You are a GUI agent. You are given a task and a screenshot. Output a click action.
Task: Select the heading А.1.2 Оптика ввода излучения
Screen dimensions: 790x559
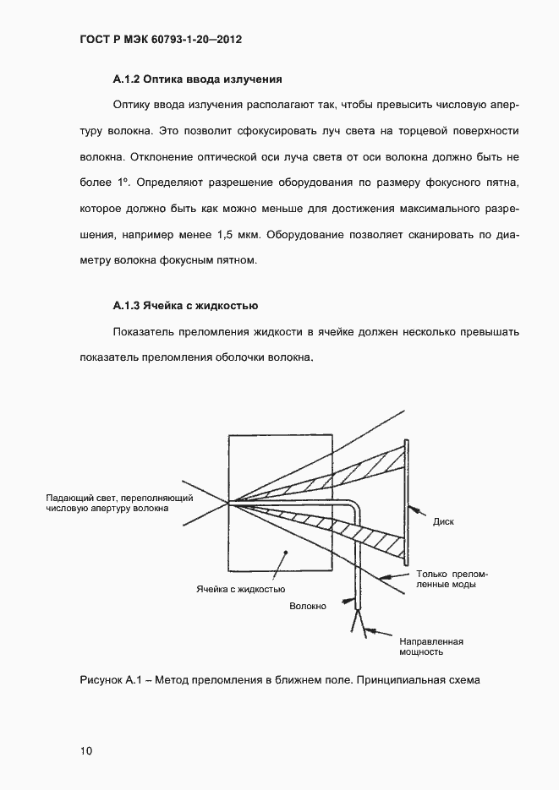[196, 80]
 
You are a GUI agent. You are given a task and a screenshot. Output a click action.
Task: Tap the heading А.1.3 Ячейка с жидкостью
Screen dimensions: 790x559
[185, 305]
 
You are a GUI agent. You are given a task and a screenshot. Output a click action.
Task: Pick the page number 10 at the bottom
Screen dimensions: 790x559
[87, 750]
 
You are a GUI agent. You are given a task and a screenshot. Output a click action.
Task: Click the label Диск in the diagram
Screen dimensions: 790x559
[443, 521]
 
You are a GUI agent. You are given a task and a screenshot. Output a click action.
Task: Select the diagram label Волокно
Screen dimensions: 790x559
[308, 606]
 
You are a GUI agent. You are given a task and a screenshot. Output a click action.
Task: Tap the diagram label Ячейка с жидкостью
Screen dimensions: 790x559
[241, 588]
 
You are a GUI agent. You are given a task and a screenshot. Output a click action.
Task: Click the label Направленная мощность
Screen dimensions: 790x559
[430, 646]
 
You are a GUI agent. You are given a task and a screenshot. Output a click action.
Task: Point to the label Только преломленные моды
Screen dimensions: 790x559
[452, 579]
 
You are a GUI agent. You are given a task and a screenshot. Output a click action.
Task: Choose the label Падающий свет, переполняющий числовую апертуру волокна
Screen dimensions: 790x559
[107, 504]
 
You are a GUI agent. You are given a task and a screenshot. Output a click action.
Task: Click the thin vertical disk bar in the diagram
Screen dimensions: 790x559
[407, 503]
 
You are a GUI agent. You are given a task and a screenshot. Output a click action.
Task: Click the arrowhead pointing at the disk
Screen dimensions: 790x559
[414, 509]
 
